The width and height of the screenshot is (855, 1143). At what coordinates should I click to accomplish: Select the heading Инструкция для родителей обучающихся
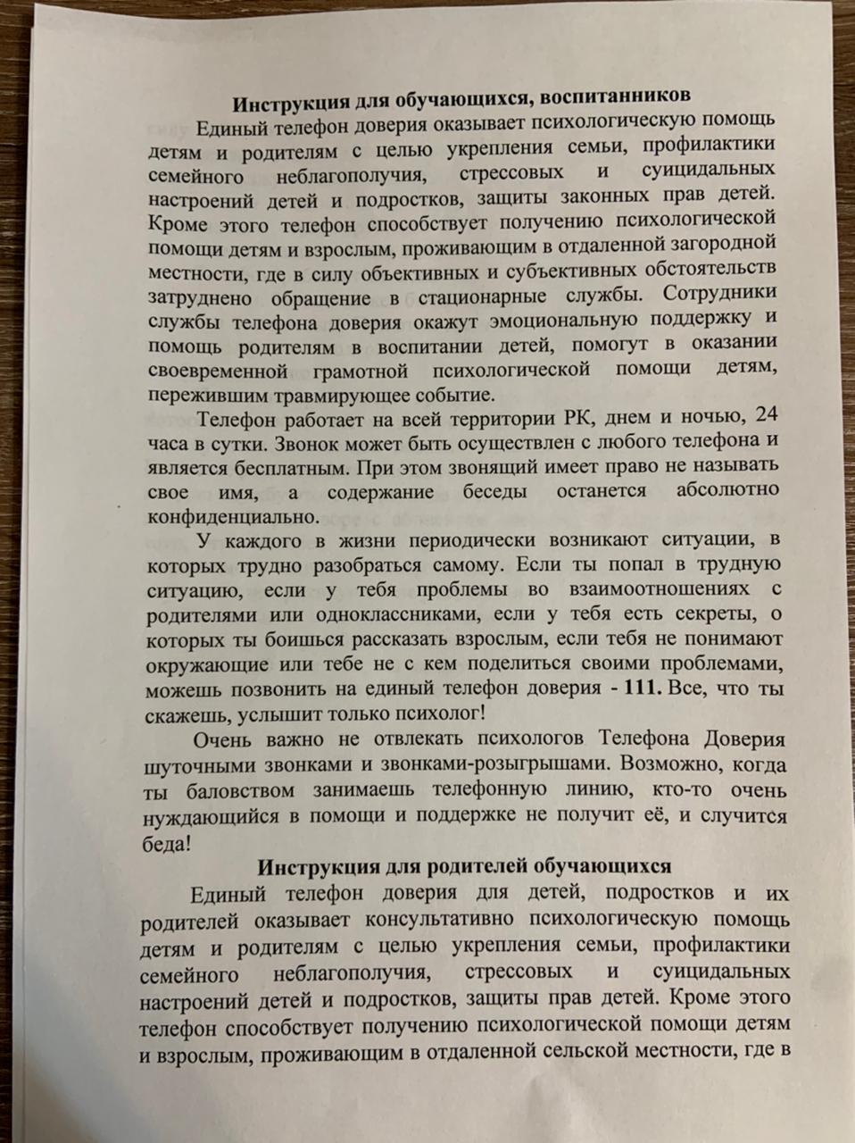pos(464,866)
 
